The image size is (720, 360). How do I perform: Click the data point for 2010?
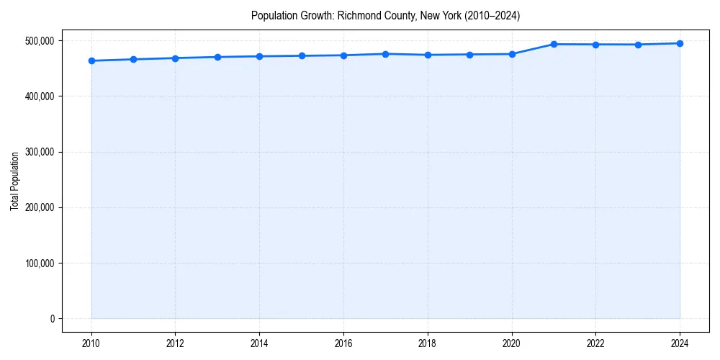(x=91, y=60)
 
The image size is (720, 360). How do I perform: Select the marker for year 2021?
(x=554, y=44)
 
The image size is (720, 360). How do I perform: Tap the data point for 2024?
(x=680, y=43)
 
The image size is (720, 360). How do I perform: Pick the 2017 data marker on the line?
(x=386, y=54)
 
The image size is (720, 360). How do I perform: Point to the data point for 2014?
(x=260, y=56)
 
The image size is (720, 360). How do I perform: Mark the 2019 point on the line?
(x=470, y=54)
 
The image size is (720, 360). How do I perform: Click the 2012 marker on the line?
(x=176, y=58)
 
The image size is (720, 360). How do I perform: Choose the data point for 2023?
(x=638, y=45)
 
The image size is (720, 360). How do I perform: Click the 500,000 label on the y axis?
(x=38, y=41)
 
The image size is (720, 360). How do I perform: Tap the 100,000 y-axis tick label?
(x=38, y=264)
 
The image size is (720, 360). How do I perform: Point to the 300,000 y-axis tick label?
(x=38, y=152)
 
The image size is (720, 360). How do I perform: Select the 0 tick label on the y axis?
(x=51, y=319)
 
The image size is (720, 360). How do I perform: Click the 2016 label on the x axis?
(x=344, y=343)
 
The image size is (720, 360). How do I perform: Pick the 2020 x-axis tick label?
(x=512, y=343)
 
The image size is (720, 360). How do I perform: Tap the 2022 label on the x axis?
(x=596, y=343)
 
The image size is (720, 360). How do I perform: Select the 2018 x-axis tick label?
(x=428, y=343)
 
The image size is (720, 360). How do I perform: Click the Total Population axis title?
(x=14, y=181)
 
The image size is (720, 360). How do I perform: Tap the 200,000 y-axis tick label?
(x=38, y=207)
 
